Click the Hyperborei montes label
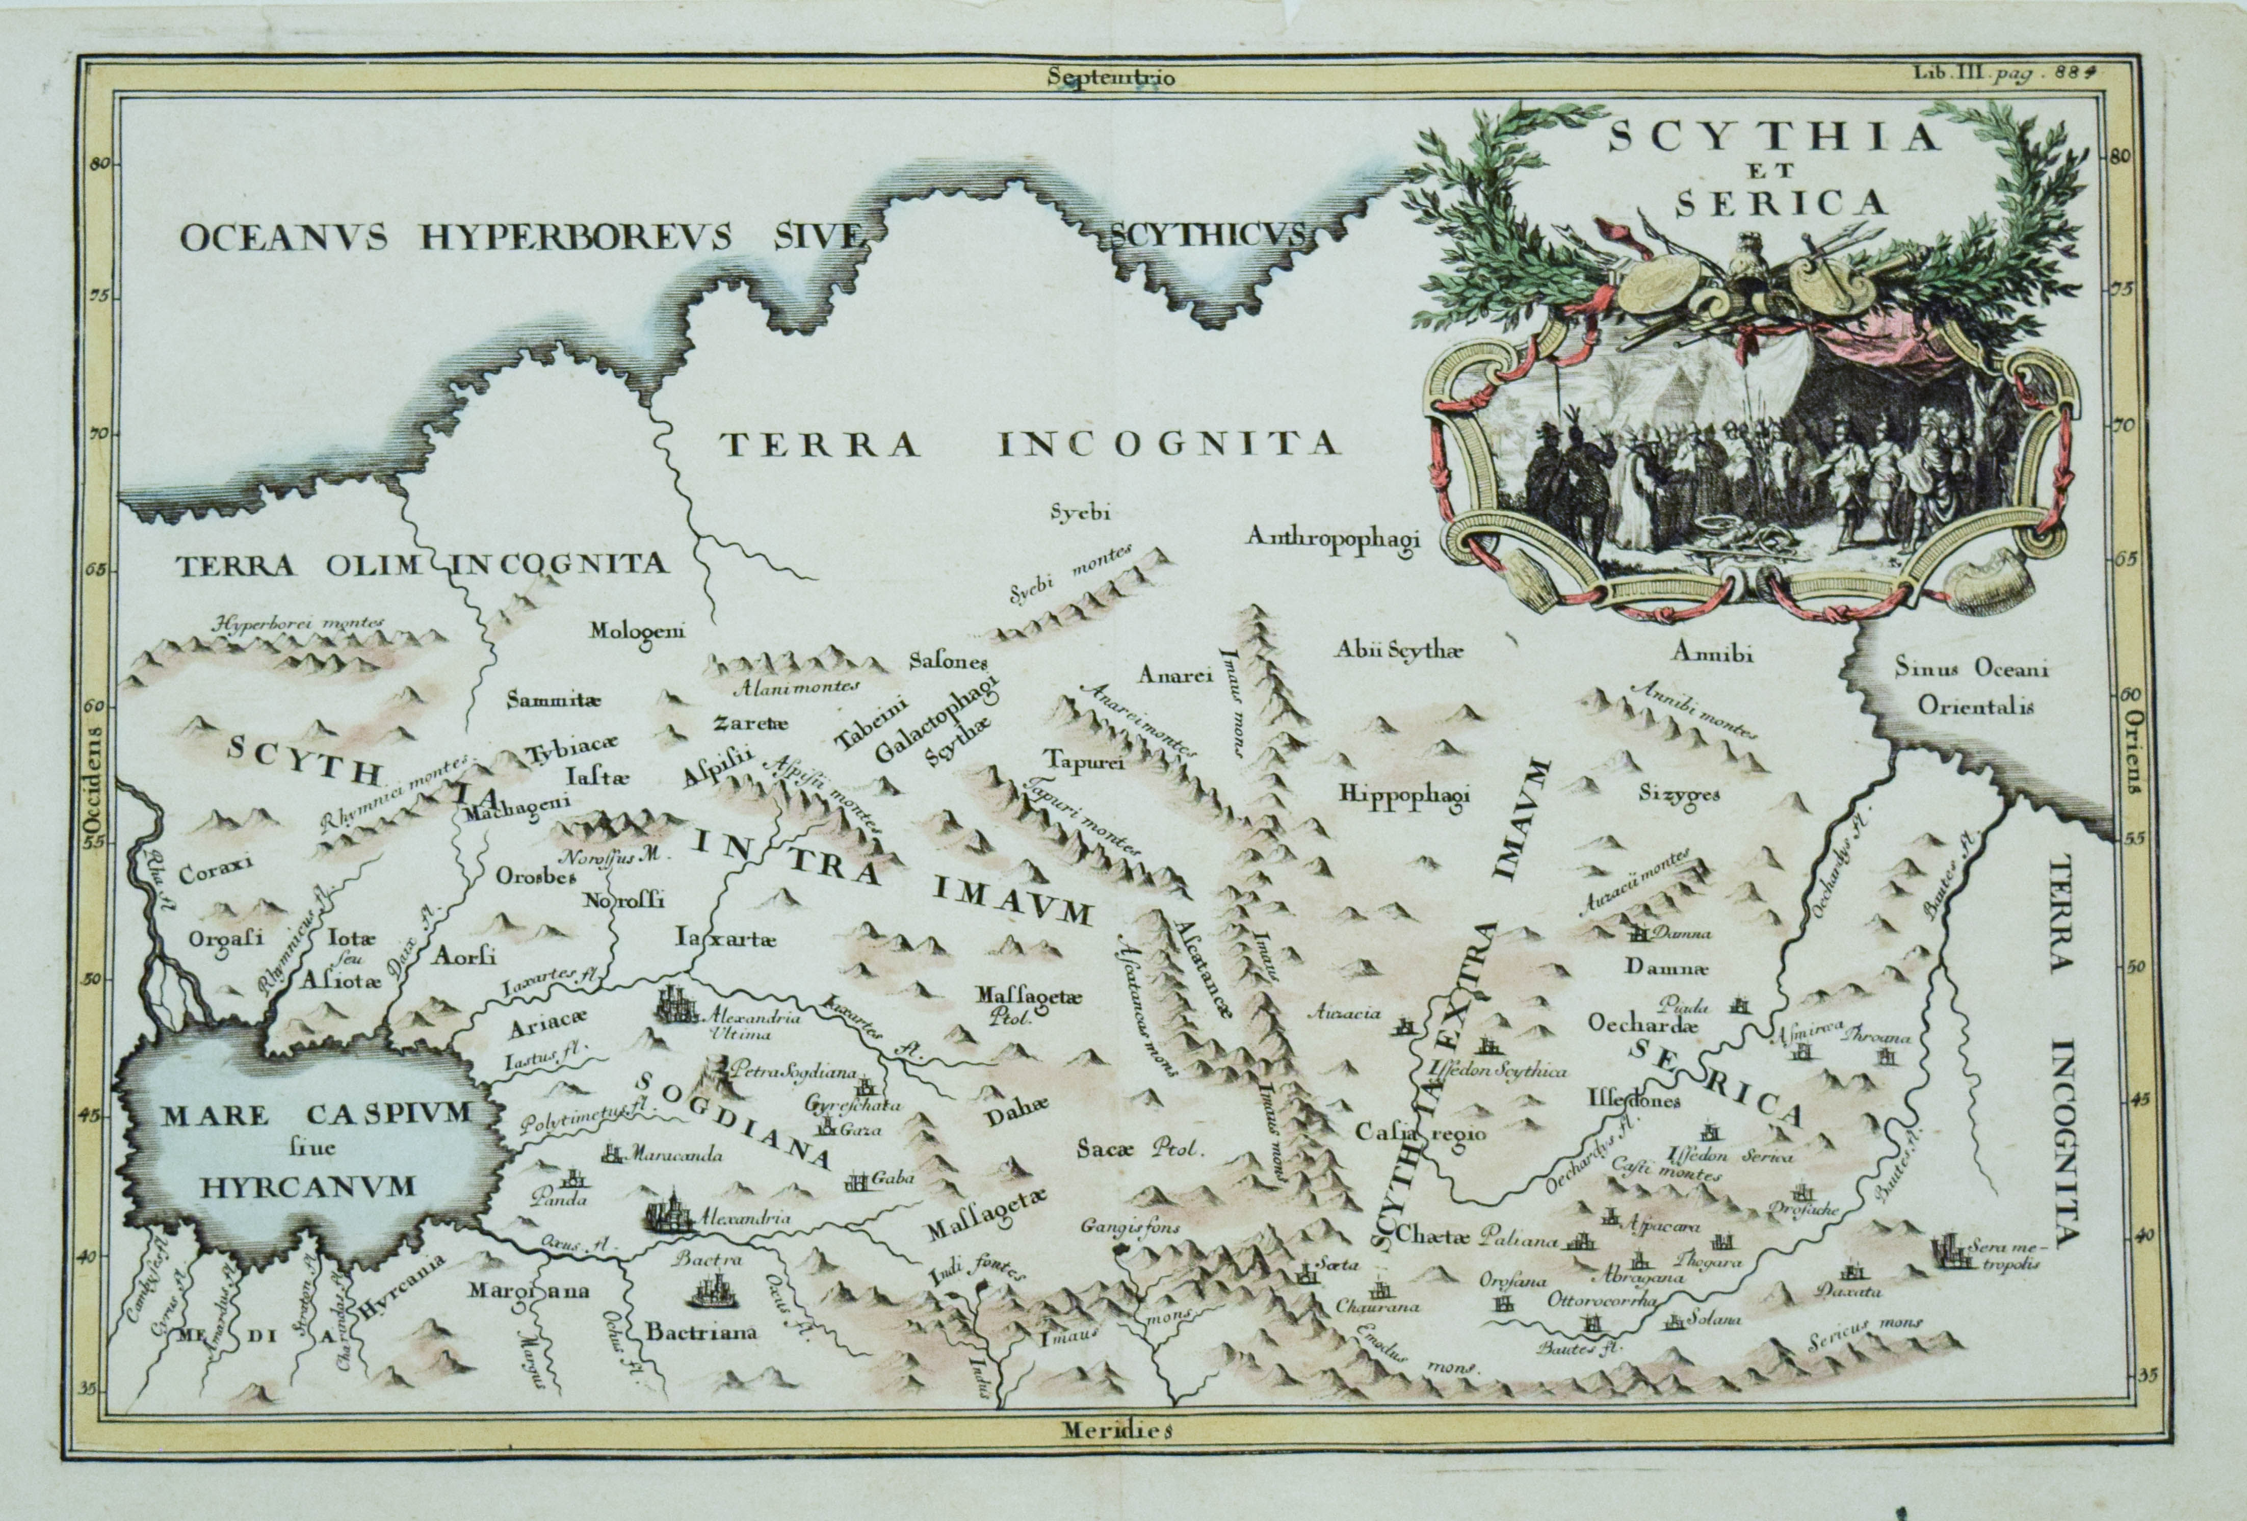(300, 624)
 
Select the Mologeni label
(638, 632)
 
